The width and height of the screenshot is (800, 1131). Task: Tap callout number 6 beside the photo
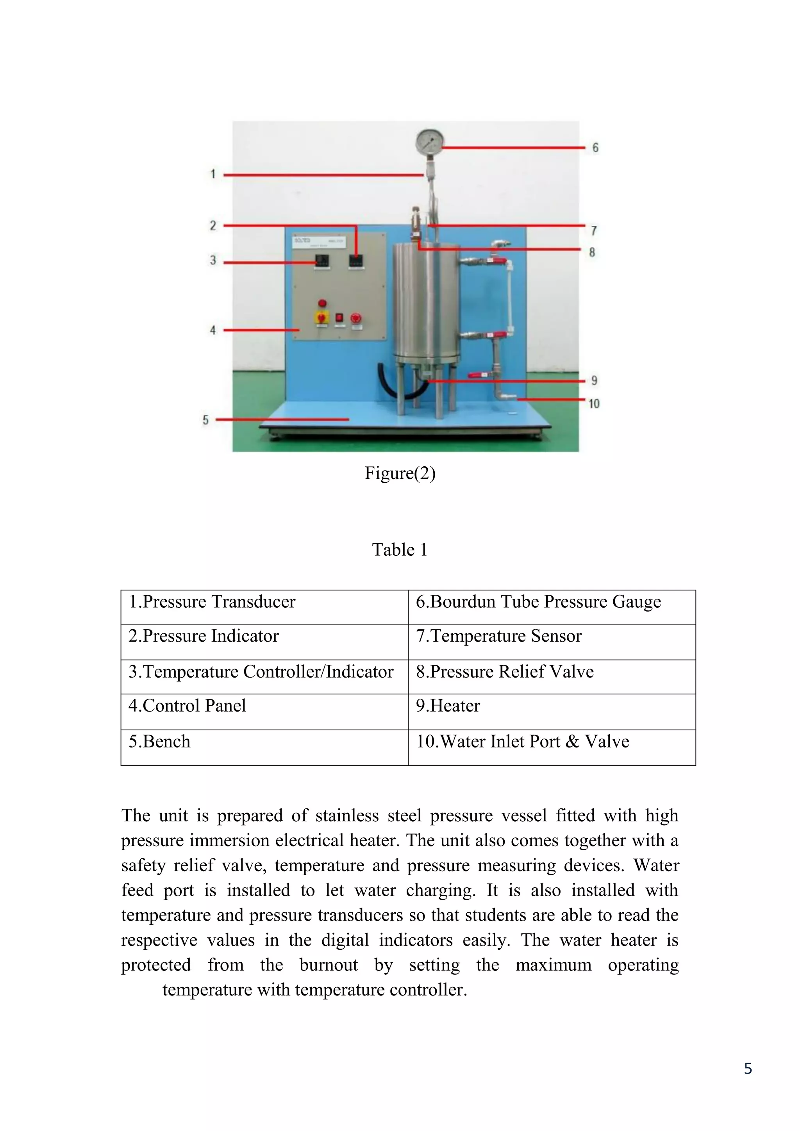[x=595, y=148]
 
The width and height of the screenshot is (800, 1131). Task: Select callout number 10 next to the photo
[x=594, y=404]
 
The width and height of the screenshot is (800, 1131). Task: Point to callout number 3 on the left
[x=213, y=260]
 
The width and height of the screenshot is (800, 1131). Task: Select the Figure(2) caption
[x=400, y=473]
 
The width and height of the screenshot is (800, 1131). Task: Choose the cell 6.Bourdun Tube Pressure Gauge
[x=538, y=602]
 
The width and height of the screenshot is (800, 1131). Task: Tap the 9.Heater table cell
[x=447, y=706]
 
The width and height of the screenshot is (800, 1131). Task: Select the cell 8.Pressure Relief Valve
[x=504, y=671]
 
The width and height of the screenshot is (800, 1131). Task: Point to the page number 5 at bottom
[x=747, y=1069]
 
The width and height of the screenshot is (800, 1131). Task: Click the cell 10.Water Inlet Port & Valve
[x=522, y=741]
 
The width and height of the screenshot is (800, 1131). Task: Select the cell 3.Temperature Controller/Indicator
[x=261, y=671]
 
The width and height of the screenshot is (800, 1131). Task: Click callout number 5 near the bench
[x=205, y=420]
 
